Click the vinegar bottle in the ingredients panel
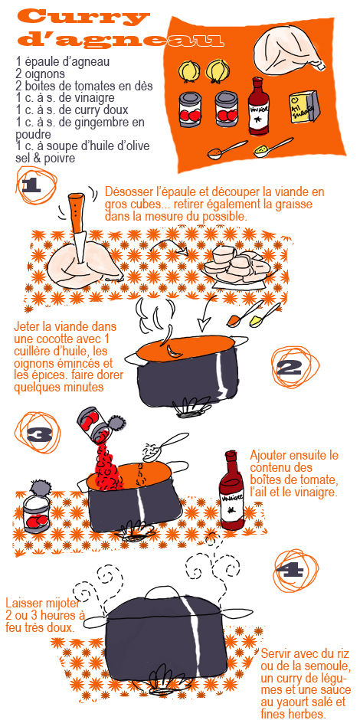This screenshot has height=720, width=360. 259,106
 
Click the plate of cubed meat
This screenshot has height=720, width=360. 237,266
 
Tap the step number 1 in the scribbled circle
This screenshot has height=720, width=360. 31,185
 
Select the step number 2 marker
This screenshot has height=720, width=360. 289,368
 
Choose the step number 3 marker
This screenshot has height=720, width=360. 38,434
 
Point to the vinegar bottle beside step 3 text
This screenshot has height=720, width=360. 231,490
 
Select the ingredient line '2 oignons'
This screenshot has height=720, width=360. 41,74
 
